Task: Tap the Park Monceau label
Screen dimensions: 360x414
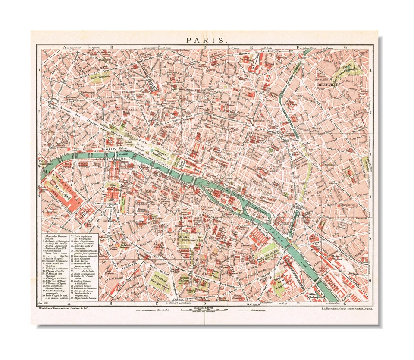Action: [100, 78]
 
